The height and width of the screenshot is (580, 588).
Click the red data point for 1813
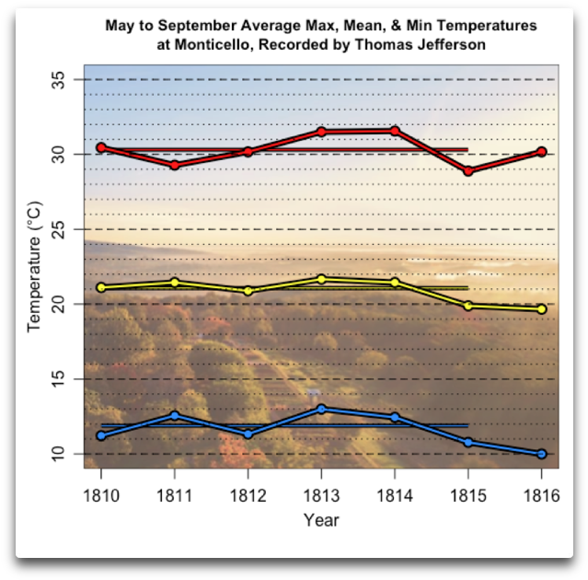pos(321,132)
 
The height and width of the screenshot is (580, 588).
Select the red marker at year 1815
pos(468,170)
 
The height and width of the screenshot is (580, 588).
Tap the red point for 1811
pos(175,165)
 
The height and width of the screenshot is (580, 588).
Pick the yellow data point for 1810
pos(101,287)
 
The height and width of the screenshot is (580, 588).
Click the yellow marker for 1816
pos(541,309)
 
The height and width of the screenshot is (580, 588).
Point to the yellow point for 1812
pos(248,291)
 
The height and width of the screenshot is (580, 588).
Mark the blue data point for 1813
pos(321,409)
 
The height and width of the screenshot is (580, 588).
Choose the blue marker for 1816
pos(541,454)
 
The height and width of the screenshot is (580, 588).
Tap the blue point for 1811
pos(175,416)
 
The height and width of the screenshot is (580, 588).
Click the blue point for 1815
pos(468,442)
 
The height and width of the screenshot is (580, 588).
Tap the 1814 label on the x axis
pos(395,490)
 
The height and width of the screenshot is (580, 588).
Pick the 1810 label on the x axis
pos(101,490)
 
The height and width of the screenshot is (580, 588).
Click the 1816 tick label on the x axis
pos(541,490)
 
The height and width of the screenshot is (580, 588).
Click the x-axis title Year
pos(321,520)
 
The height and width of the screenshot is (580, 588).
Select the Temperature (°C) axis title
pos(34,267)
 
